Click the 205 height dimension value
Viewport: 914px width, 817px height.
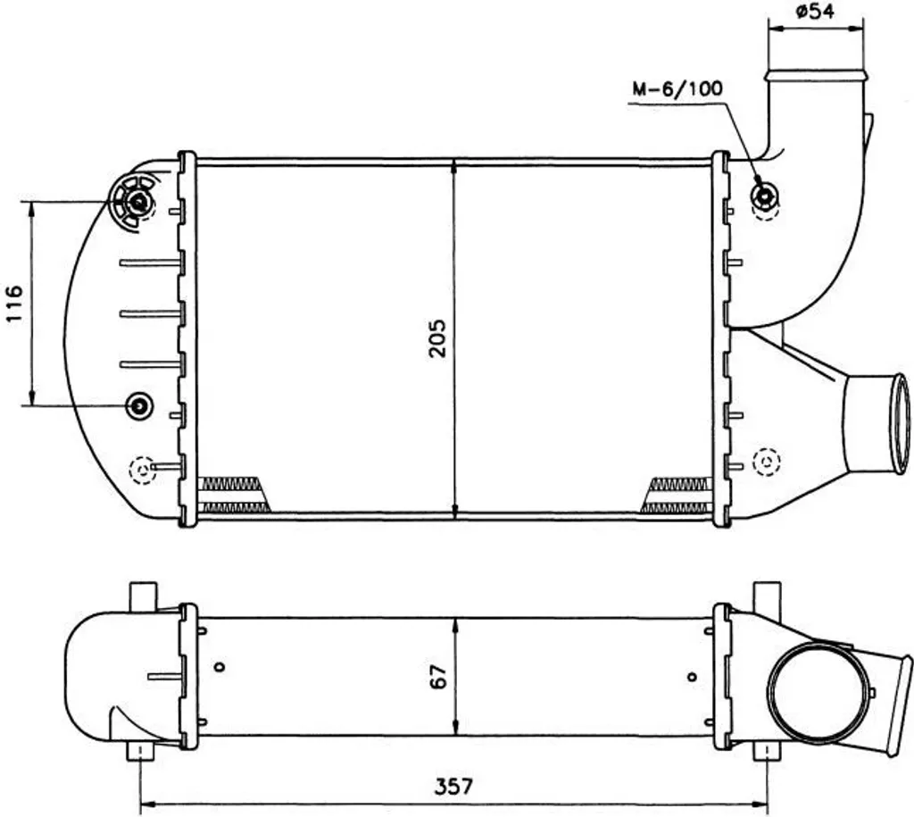pos(437,338)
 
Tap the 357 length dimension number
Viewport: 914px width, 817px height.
pos(454,786)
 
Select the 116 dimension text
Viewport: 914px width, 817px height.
pos(13,304)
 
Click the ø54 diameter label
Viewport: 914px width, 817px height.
pos(815,11)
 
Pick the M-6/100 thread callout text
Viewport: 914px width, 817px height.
pos(677,88)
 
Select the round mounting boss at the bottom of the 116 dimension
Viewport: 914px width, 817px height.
pos(139,404)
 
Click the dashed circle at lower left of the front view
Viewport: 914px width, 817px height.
pos(142,470)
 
